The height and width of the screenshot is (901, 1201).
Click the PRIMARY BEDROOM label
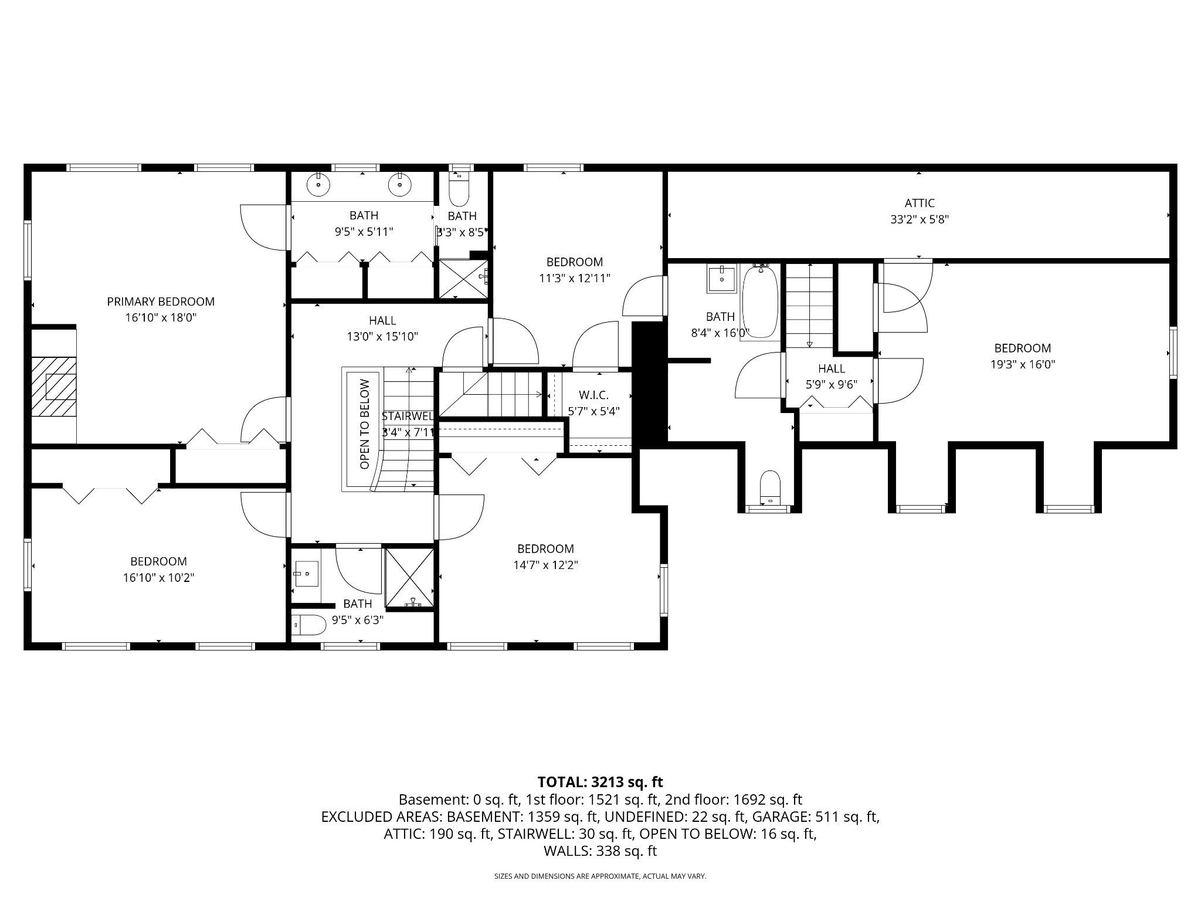point(161,302)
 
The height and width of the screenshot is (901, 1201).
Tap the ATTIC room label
point(919,203)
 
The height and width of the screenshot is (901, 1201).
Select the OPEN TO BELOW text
point(365,424)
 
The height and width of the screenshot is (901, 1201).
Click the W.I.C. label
point(593,395)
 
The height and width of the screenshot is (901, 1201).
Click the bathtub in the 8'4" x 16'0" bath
point(761,303)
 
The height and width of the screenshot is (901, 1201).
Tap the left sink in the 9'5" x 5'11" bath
point(318,185)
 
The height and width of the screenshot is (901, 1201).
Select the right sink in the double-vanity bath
point(399,185)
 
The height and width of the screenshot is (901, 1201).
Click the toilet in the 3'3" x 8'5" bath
point(459,189)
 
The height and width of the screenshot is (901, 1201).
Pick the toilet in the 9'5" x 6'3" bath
point(310,625)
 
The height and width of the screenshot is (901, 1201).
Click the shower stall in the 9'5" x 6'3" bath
point(410,578)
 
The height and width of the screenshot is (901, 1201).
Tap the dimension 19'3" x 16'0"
point(1022,364)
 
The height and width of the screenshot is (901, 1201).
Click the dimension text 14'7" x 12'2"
point(545,565)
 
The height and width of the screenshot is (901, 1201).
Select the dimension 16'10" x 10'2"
point(158,578)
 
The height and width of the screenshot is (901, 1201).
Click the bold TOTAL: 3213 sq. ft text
point(600,782)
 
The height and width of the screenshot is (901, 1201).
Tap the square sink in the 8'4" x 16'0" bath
point(721,279)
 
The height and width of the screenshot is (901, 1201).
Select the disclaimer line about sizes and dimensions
point(600,876)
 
